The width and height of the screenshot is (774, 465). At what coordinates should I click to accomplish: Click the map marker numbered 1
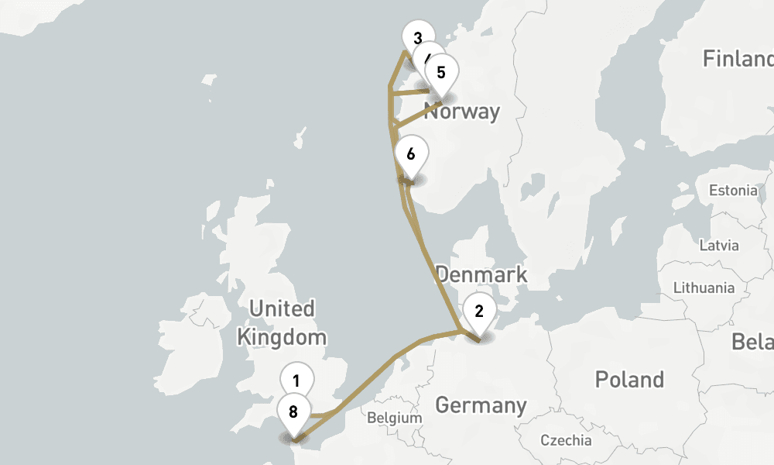296,381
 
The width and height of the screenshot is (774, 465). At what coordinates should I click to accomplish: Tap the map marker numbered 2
479,312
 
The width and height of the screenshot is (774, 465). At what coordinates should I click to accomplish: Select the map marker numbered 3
417,37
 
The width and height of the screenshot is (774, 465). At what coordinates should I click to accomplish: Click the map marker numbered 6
410,154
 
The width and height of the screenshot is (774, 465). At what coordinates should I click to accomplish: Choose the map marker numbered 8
293,412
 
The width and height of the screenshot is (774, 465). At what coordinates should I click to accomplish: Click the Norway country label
463,112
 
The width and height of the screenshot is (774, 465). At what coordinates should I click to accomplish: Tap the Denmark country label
481,274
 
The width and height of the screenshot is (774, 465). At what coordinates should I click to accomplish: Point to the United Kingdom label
282,322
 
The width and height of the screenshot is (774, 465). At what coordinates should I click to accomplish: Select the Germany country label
480,405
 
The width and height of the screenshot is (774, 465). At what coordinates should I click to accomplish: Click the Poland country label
629,380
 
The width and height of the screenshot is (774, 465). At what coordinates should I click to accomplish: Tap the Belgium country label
395,418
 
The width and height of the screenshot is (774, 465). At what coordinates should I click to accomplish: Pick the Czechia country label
566,441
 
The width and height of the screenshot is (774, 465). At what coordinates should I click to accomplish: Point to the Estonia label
733,191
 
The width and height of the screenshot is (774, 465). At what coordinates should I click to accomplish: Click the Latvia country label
718,246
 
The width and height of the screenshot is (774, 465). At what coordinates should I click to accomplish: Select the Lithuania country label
704,288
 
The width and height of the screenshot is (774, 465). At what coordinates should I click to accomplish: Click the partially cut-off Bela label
752,342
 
